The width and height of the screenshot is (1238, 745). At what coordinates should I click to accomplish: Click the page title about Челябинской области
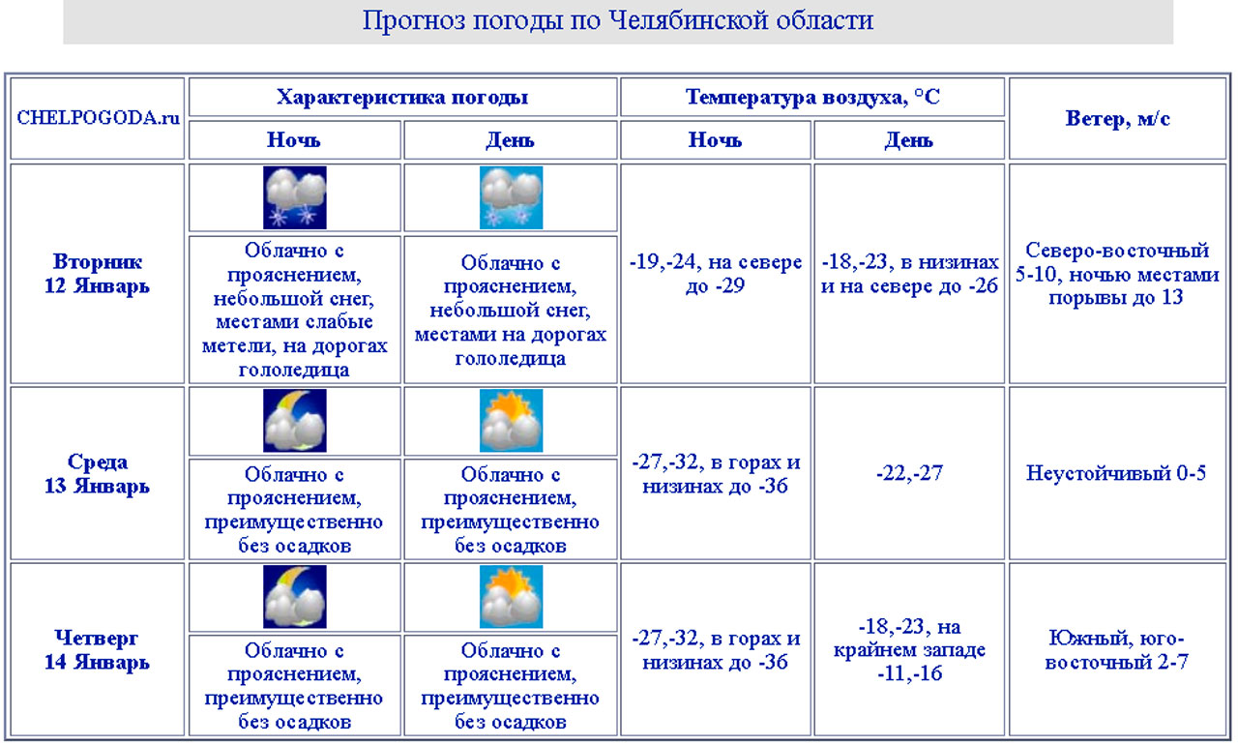(x=618, y=20)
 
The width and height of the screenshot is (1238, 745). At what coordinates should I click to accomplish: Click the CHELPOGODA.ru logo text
(x=98, y=118)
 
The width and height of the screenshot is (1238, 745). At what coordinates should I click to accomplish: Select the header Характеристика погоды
(x=402, y=97)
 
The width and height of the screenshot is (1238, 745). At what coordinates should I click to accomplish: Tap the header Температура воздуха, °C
(x=812, y=97)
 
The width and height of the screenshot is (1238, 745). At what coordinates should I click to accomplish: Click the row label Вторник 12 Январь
(x=98, y=274)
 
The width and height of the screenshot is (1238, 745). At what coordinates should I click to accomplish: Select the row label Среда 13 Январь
(x=98, y=473)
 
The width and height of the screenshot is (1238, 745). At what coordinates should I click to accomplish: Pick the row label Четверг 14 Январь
(x=98, y=650)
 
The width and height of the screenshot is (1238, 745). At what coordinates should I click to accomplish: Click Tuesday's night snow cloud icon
(x=295, y=197)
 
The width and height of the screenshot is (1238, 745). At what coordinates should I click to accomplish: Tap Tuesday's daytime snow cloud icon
(x=511, y=197)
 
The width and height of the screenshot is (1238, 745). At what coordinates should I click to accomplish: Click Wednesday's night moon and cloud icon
(x=295, y=421)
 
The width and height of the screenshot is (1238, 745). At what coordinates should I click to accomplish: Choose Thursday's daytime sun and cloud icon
(x=511, y=597)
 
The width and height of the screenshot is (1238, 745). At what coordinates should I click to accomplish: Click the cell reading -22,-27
(x=909, y=473)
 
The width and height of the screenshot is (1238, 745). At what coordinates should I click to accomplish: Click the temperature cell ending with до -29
(x=716, y=274)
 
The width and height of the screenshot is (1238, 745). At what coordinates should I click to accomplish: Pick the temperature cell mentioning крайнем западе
(x=909, y=650)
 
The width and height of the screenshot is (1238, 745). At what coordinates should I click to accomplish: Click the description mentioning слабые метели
(x=295, y=310)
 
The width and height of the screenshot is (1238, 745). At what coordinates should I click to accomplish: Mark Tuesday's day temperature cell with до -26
(x=909, y=274)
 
